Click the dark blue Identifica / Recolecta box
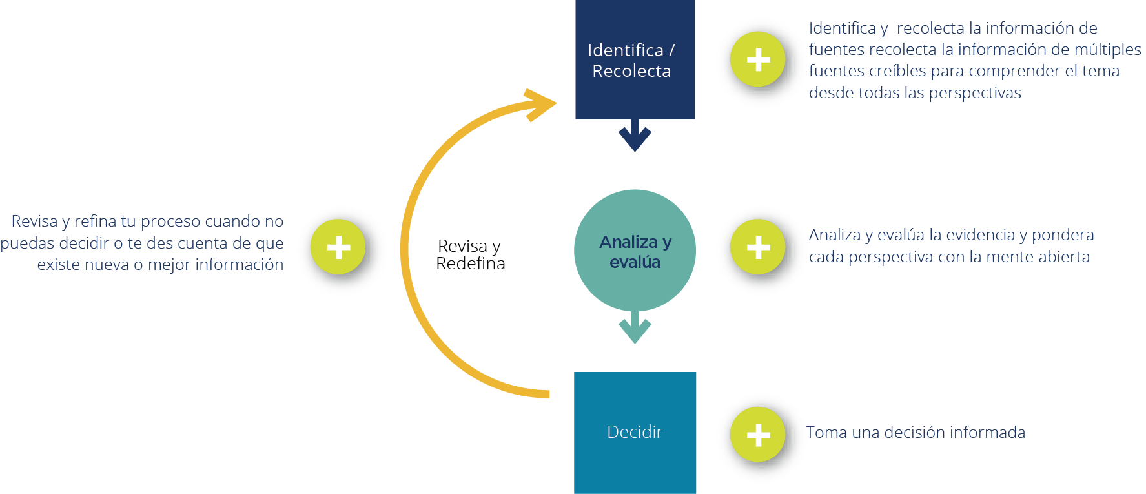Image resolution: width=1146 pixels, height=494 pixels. (x=635, y=60)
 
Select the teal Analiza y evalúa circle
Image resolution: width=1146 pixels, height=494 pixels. (x=635, y=251)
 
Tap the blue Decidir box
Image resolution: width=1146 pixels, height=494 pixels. (x=635, y=432)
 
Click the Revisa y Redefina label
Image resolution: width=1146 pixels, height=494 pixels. (x=470, y=254)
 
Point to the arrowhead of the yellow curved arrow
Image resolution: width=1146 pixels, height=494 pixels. (x=541, y=104)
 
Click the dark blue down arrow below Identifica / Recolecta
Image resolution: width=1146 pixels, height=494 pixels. (x=635, y=136)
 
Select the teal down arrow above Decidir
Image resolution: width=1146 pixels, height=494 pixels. (x=635, y=328)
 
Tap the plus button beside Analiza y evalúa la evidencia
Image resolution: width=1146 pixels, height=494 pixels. (x=759, y=247)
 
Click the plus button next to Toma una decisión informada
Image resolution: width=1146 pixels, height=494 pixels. (x=759, y=435)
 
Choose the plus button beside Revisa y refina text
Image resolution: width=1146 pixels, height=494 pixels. (x=338, y=247)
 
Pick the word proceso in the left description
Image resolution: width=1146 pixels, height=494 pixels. (x=170, y=222)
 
